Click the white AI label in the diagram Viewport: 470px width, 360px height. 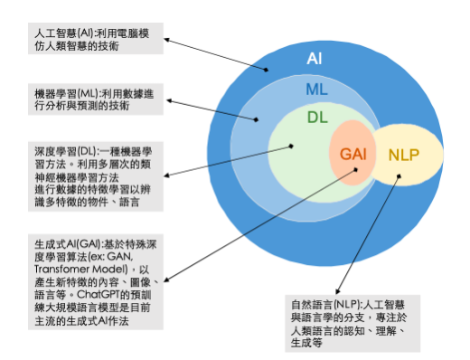[x=315, y=59]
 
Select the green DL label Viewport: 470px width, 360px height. [x=317, y=118]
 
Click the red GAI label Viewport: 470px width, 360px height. [x=352, y=155]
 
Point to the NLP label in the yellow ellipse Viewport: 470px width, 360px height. [x=403, y=155]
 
